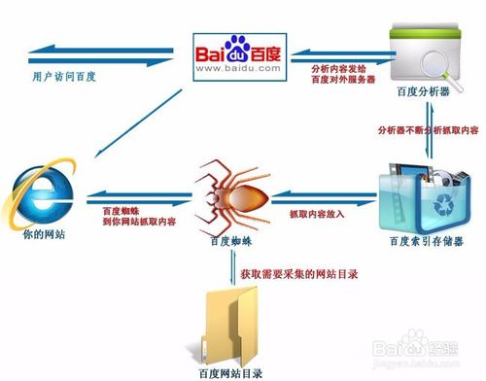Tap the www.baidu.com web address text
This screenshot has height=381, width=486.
pos(238,71)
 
